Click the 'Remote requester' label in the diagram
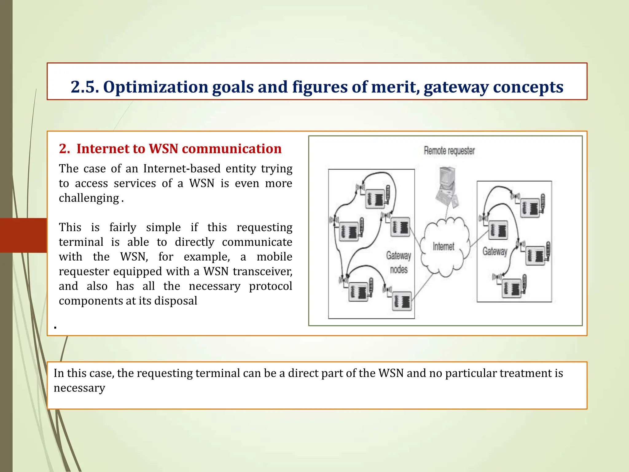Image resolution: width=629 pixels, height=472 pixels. (449, 151)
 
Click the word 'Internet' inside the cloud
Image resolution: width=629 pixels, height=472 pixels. (443, 246)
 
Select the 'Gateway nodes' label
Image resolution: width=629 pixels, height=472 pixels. (399, 262)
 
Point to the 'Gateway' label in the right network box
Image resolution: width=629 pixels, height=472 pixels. (494, 251)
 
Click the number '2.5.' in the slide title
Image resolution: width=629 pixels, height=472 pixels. (85, 87)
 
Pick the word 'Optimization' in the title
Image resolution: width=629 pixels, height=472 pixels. (156, 87)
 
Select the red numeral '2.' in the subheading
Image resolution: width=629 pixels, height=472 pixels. (64, 149)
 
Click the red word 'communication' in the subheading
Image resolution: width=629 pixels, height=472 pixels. (232, 149)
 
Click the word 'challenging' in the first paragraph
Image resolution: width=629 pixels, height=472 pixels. (89, 198)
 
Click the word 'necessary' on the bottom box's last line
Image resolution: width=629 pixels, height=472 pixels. (79, 388)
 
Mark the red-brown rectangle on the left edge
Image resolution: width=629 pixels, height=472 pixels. (23, 235)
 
